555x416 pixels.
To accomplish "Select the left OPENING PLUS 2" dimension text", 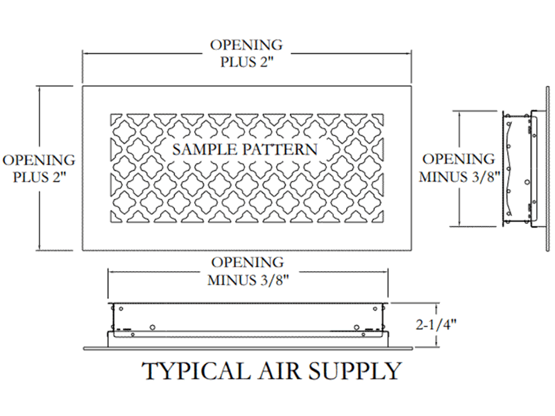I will tap(39, 168).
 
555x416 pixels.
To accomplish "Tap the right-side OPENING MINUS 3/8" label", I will tap(457, 167).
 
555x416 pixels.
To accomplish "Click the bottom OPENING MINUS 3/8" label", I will tap(246, 271).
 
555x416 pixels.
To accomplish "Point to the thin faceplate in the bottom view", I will tap(246, 345).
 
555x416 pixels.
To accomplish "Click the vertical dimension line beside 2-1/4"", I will tap(436, 324).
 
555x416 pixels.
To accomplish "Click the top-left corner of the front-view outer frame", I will tap(83, 86).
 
